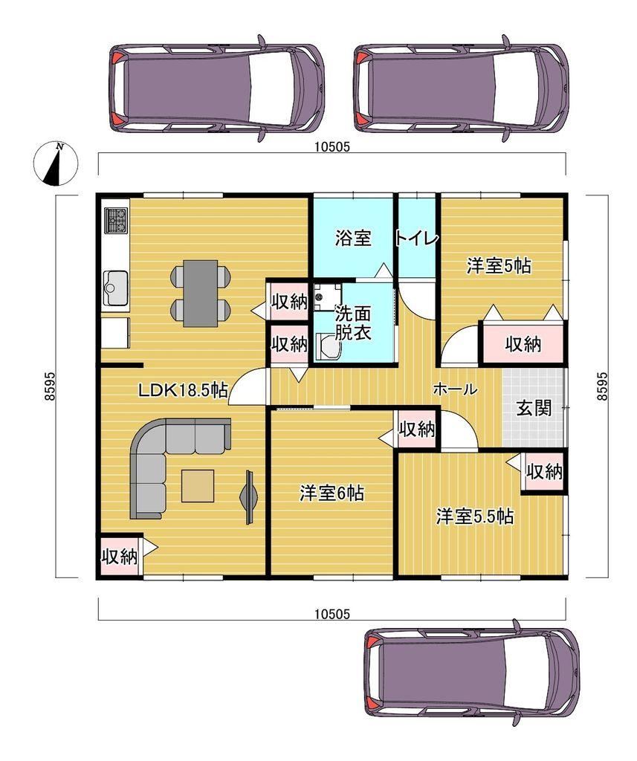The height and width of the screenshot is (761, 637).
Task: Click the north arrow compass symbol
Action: [56, 164]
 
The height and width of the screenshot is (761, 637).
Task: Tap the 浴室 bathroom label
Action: [353, 238]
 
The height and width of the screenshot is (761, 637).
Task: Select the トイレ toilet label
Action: [417, 239]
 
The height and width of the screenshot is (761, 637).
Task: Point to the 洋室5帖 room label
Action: [499, 266]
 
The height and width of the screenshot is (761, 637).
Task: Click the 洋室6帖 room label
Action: [332, 493]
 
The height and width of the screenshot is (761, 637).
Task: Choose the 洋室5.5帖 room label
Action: [475, 516]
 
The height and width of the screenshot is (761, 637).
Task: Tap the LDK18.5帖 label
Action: [183, 390]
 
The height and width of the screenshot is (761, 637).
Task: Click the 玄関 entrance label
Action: [534, 408]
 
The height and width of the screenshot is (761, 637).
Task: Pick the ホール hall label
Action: [455, 389]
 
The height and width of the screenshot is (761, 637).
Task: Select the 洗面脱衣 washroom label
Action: [353, 323]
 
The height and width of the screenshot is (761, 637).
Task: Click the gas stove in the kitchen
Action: [117, 220]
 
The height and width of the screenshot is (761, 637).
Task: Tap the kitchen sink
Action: [115, 288]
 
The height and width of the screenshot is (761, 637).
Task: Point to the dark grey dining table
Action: [201, 293]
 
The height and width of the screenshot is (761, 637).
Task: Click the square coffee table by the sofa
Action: [198, 485]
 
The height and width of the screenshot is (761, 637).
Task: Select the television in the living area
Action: [248, 496]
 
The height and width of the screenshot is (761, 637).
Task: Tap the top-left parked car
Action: [217, 88]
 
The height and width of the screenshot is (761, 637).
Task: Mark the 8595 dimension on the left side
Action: [48, 386]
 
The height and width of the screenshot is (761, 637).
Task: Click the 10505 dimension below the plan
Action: [332, 614]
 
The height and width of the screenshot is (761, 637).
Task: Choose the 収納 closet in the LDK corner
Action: [119, 557]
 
